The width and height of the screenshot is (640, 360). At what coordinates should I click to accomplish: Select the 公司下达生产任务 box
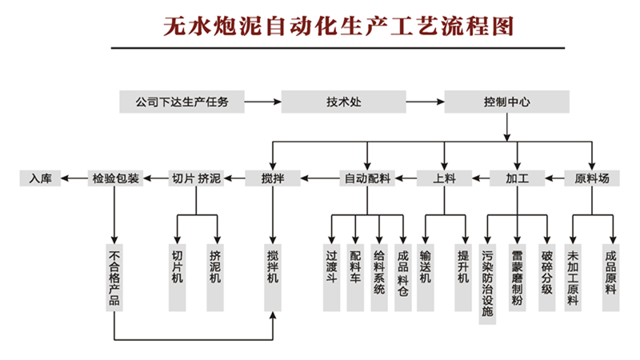point(182,102)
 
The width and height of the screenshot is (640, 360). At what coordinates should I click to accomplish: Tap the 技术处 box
point(344,102)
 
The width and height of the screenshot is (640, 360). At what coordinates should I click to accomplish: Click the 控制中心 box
point(506,102)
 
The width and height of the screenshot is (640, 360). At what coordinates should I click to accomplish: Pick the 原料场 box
point(592,178)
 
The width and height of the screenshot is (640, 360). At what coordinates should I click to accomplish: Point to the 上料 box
point(444,178)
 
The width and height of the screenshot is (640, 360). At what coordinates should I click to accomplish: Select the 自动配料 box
point(367,178)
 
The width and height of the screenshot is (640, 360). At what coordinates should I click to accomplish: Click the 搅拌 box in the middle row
point(274,178)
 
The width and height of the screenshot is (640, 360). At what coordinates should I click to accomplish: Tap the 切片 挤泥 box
point(196,178)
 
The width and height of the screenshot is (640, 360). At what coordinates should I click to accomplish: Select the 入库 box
point(40,178)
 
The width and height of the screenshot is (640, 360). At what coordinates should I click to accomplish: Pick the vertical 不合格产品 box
point(115,276)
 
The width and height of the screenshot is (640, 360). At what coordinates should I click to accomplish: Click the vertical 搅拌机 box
point(274,276)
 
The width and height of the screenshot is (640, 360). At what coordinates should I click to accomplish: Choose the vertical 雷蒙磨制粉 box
point(518,276)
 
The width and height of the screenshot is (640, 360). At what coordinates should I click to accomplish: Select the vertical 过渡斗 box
point(331,276)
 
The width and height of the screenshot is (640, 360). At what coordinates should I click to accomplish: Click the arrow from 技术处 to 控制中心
point(425,102)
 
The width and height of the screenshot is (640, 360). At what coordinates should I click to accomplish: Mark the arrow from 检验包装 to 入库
point(75,178)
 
